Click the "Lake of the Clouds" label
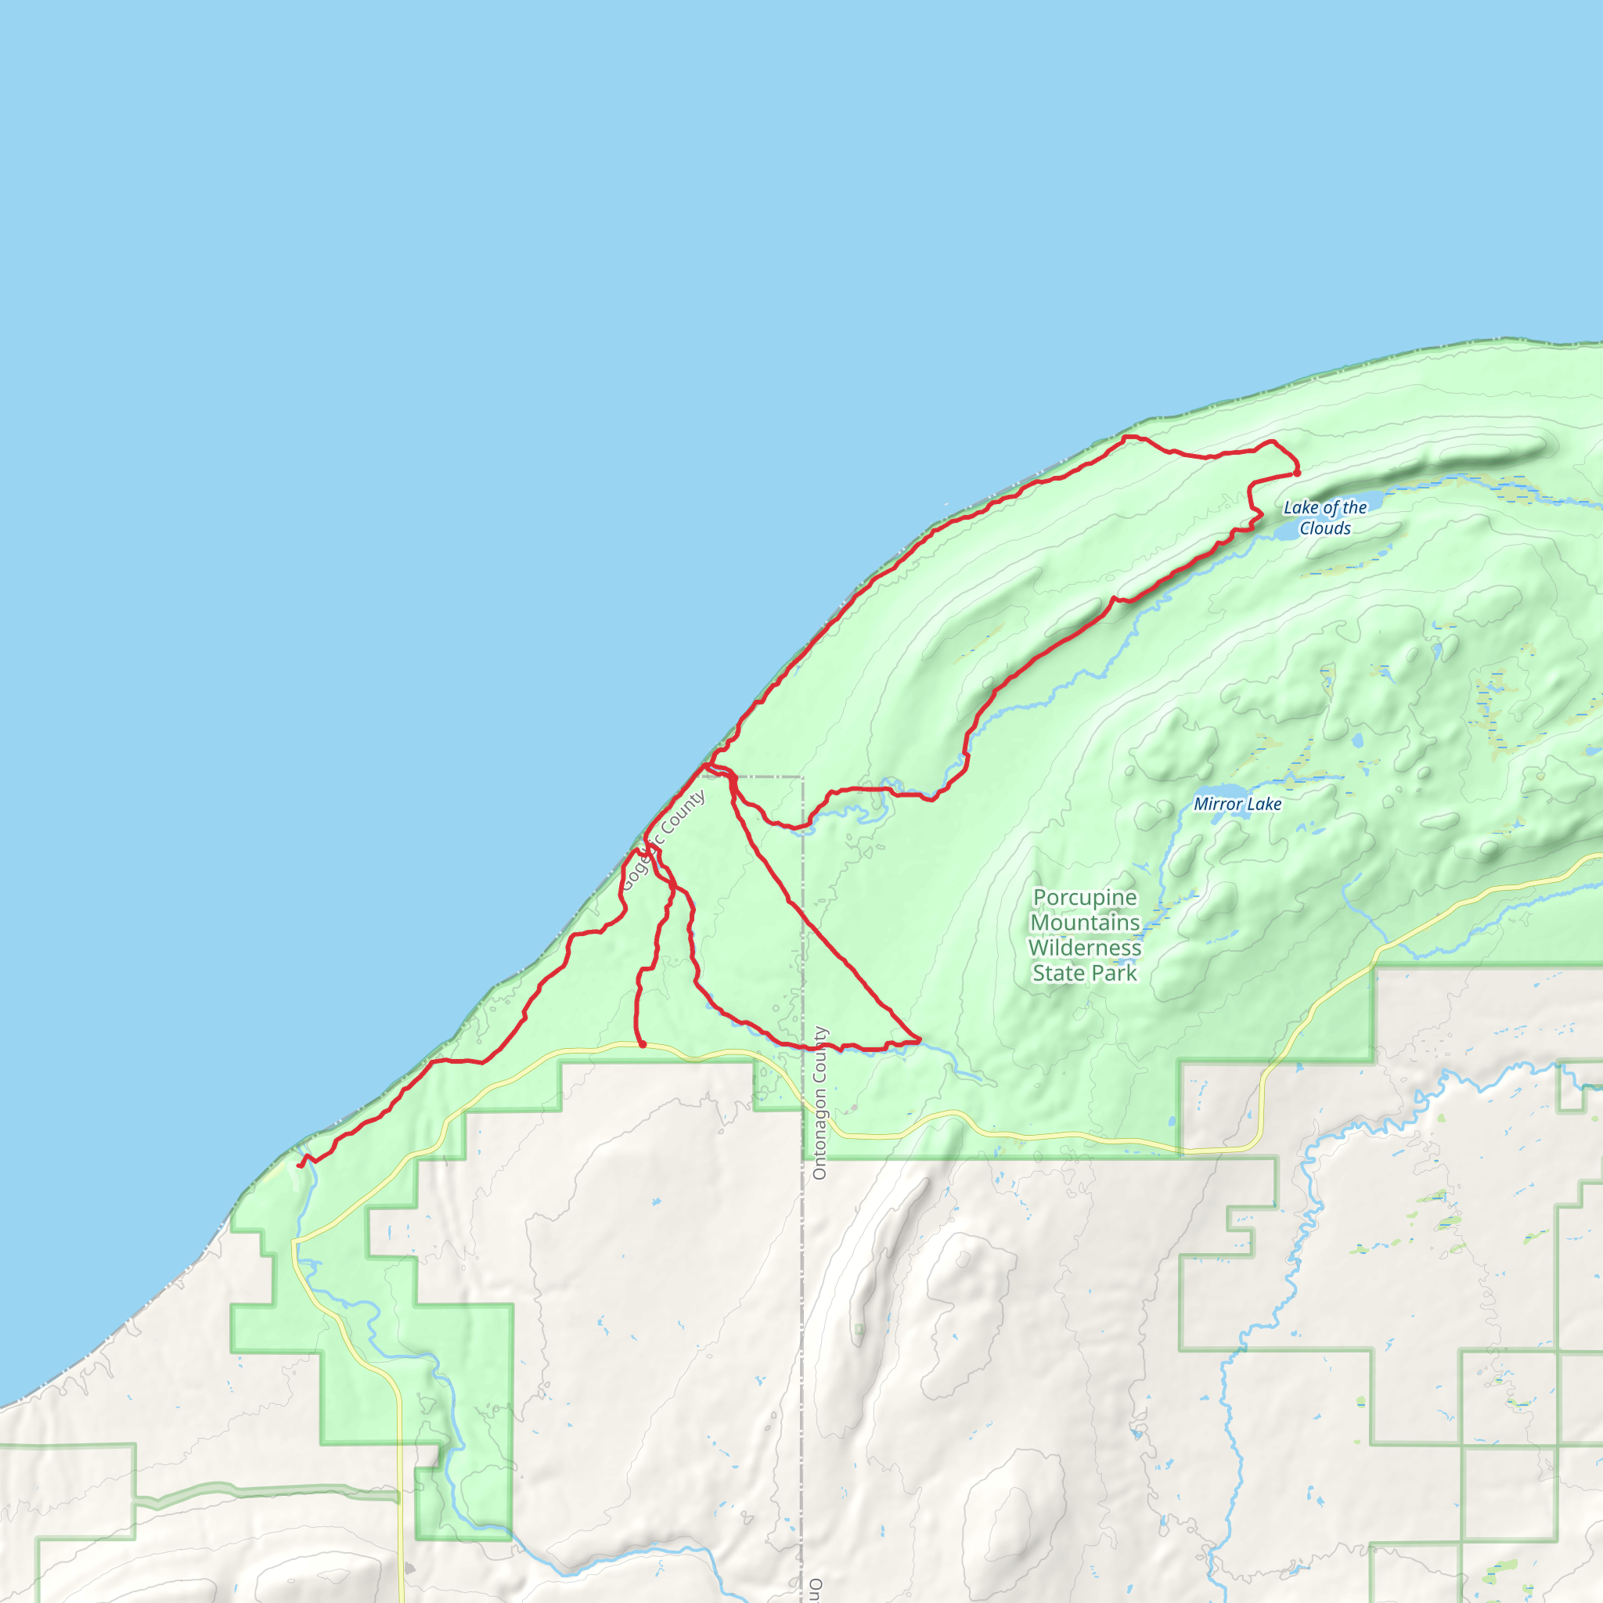click(1324, 517)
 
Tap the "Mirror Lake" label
click(1237, 804)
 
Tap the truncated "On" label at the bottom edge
click(816, 1588)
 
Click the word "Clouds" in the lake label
click(1325, 528)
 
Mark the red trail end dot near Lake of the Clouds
click(1297, 473)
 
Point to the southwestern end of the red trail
click(301, 1165)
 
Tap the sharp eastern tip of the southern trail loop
click(920, 1039)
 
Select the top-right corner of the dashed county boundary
click(801, 777)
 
